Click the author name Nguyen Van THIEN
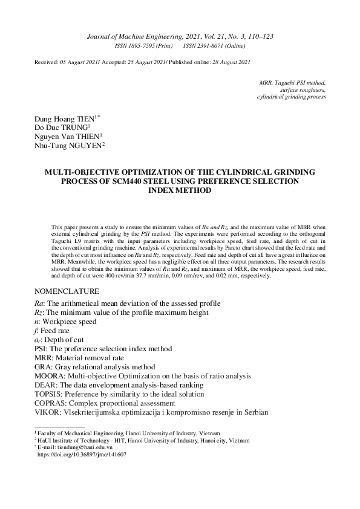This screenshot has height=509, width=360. tap(67, 137)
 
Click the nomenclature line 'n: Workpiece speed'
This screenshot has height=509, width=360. tap(67, 322)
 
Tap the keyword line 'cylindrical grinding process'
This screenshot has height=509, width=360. tap(291, 96)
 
